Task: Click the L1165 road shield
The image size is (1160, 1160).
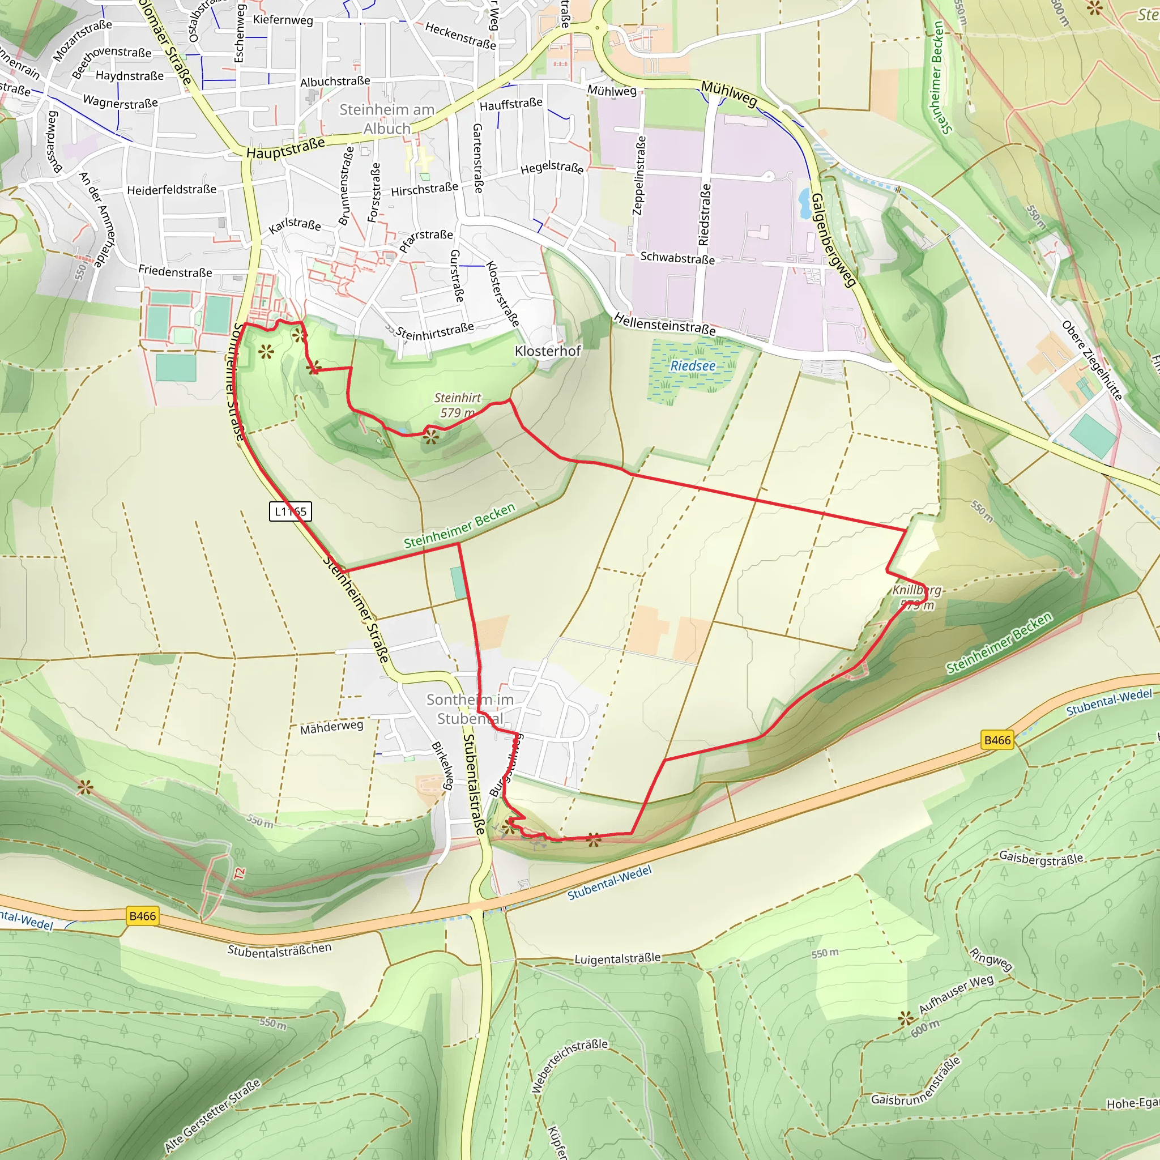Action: tap(290, 511)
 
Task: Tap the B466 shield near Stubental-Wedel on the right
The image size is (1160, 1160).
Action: tap(997, 740)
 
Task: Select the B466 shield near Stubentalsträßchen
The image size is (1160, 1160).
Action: tap(142, 916)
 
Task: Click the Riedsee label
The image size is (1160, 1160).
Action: tap(693, 366)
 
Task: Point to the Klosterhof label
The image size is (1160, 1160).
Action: tap(548, 351)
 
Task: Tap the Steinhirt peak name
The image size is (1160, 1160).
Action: tap(458, 398)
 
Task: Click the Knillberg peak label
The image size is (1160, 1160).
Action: tap(917, 590)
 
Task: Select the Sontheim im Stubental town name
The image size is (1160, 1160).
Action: tap(470, 709)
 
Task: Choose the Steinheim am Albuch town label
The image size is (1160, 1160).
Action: tap(387, 119)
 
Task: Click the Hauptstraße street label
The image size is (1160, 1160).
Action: tap(286, 148)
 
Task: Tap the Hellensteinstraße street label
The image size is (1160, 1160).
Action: tap(664, 325)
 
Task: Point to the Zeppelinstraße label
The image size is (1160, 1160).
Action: tap(639, 176)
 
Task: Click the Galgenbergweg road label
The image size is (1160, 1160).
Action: tap(833, 240)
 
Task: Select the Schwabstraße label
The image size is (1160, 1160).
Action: tap(677, 258)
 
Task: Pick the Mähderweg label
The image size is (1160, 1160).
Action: tap(331, 727)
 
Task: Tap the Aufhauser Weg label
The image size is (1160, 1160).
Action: tap(956, 994)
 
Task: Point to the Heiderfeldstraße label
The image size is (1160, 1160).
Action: tap(172, 190)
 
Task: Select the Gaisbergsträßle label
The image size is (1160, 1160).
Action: tap(1041, 858)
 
